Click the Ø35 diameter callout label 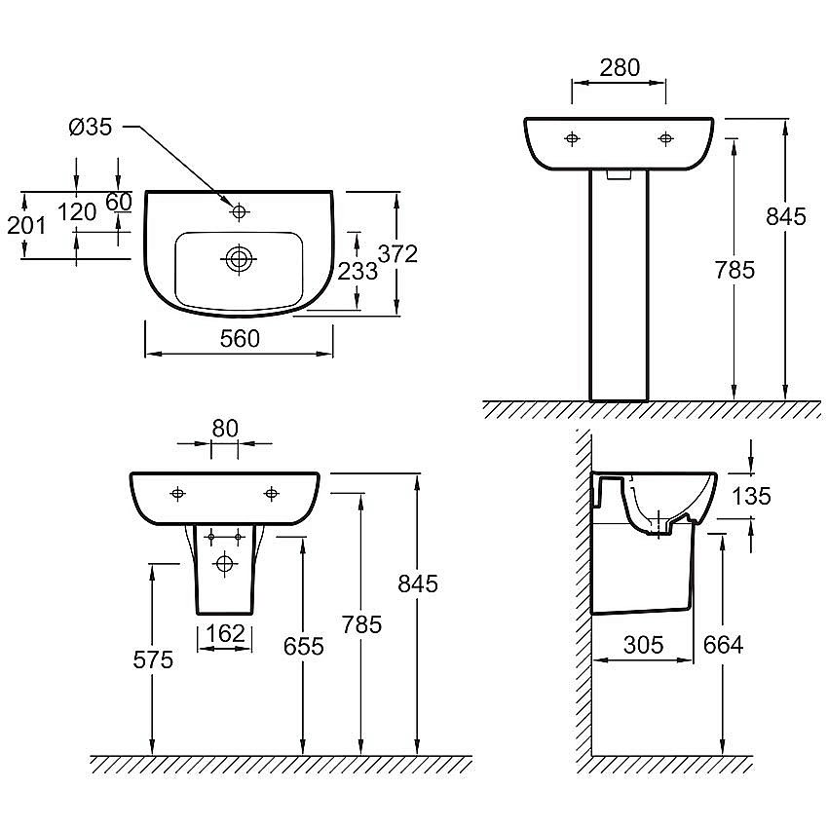[91, 128]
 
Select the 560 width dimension [240, 338]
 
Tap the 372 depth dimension [397, 254]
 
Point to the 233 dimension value [358, 272]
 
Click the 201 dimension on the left [26, 225]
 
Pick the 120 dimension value [77, 212]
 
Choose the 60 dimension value [119, 202]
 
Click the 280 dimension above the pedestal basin [620, 67]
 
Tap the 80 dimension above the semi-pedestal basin [225, 429]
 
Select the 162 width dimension [225, 633]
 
